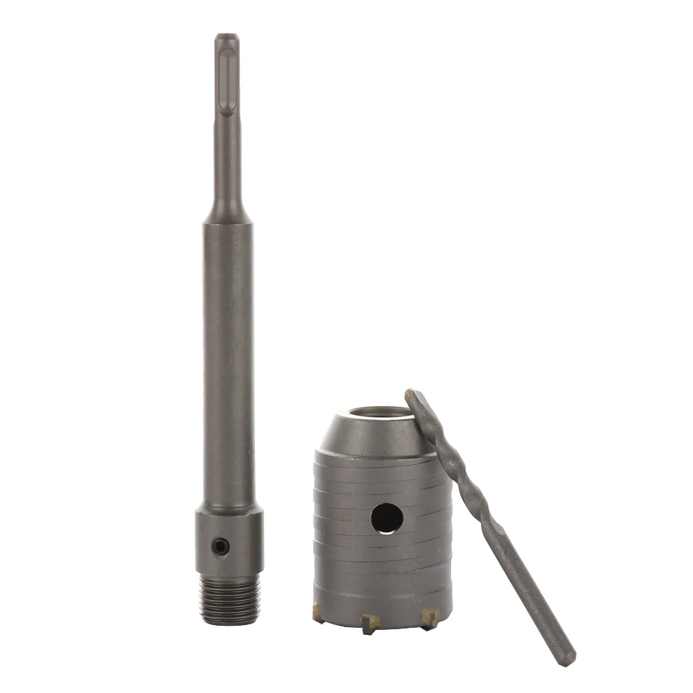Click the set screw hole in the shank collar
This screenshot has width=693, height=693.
point(220,547)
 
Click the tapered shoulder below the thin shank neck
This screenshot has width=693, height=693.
point(228,211)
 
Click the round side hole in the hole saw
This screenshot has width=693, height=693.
point(386,518)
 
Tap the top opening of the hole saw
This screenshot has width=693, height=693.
point(378,415)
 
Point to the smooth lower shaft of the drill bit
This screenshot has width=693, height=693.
point(534,596)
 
